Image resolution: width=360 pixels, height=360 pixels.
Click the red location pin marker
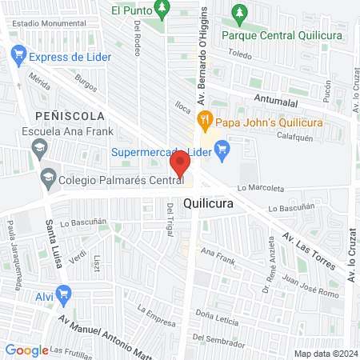[x=180, y=165]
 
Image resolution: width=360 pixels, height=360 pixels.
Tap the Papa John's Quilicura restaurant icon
[x=204, y=121]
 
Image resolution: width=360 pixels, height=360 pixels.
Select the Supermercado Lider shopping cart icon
[x=222, y=149]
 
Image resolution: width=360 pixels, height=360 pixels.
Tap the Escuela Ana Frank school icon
[x=38, y=147]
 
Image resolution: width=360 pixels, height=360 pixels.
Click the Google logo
[x=26, y=350]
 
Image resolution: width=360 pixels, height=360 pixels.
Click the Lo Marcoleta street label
[x=260, y=189]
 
